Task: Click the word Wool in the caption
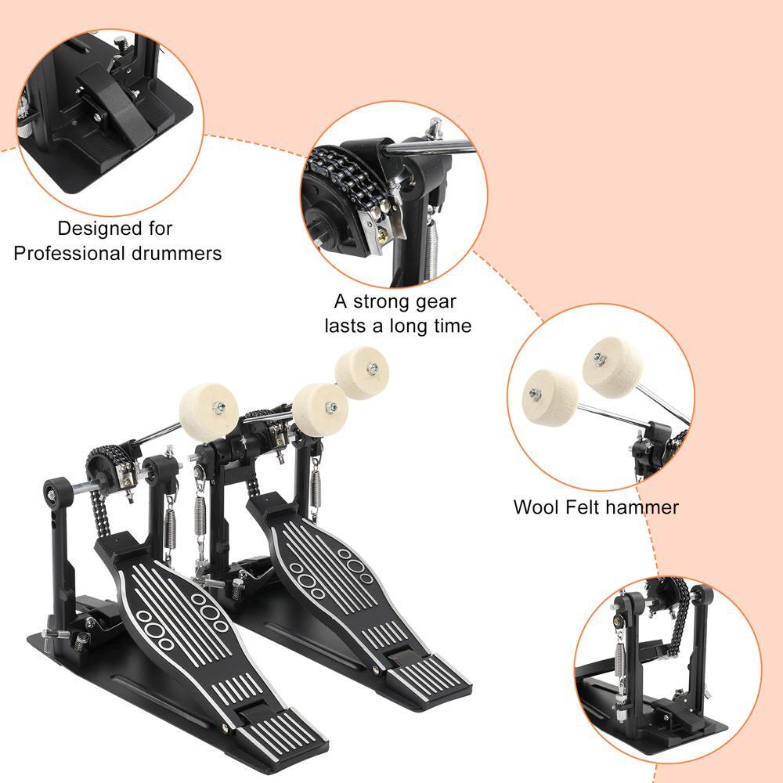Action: [535, 507]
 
